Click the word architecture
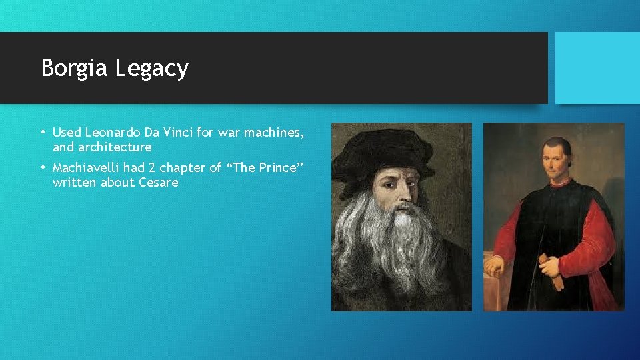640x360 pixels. pos(114,147)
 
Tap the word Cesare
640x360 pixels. pos(159,182)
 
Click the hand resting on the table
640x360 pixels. pos(495,266)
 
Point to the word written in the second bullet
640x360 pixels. pos(75,182)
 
